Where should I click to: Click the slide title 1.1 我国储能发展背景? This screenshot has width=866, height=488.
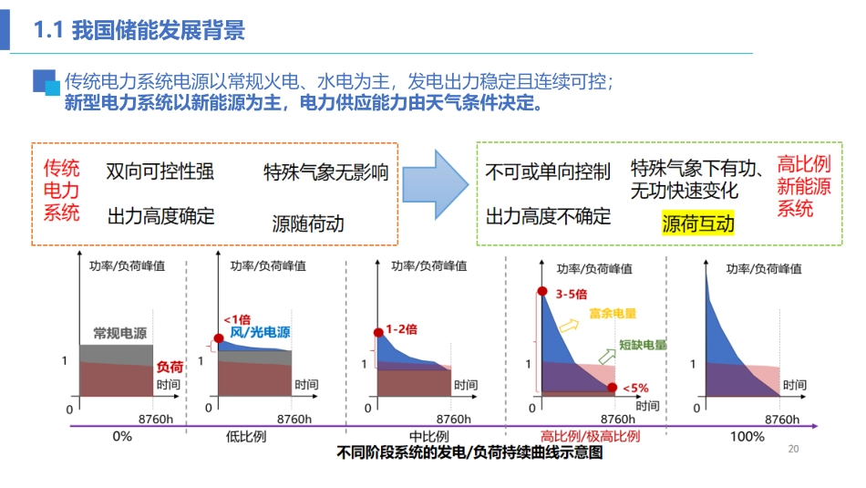[139, 31]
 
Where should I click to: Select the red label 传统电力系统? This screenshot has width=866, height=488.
[62, 190]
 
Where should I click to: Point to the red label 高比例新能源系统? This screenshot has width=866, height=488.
[803, 186]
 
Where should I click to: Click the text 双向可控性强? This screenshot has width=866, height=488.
[160, 171]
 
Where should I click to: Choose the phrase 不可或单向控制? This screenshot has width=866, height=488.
[547, 172]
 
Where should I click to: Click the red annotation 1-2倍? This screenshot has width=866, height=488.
[401, 328]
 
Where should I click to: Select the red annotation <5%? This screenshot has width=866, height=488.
[635, 387]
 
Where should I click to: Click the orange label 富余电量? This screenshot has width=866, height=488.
[613, 314]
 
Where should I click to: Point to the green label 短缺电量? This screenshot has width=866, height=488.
[643, 346]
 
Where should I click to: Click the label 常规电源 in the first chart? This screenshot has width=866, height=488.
[119, 333]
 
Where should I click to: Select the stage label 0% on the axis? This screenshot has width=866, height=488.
[122, 436]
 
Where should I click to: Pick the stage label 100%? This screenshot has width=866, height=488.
[747, 436]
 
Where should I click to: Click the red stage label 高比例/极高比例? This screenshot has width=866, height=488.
[590, 436]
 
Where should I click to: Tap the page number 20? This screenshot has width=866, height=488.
[792, 449]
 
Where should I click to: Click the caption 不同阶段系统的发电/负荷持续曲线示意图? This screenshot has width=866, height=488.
[469, 453]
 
